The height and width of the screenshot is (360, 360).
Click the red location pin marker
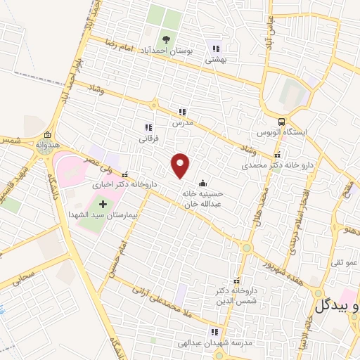(181, 165)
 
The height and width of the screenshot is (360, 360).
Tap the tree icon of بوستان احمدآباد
(166, 39)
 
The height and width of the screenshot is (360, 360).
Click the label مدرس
(182, 122)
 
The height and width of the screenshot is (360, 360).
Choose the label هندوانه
(46, 146)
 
